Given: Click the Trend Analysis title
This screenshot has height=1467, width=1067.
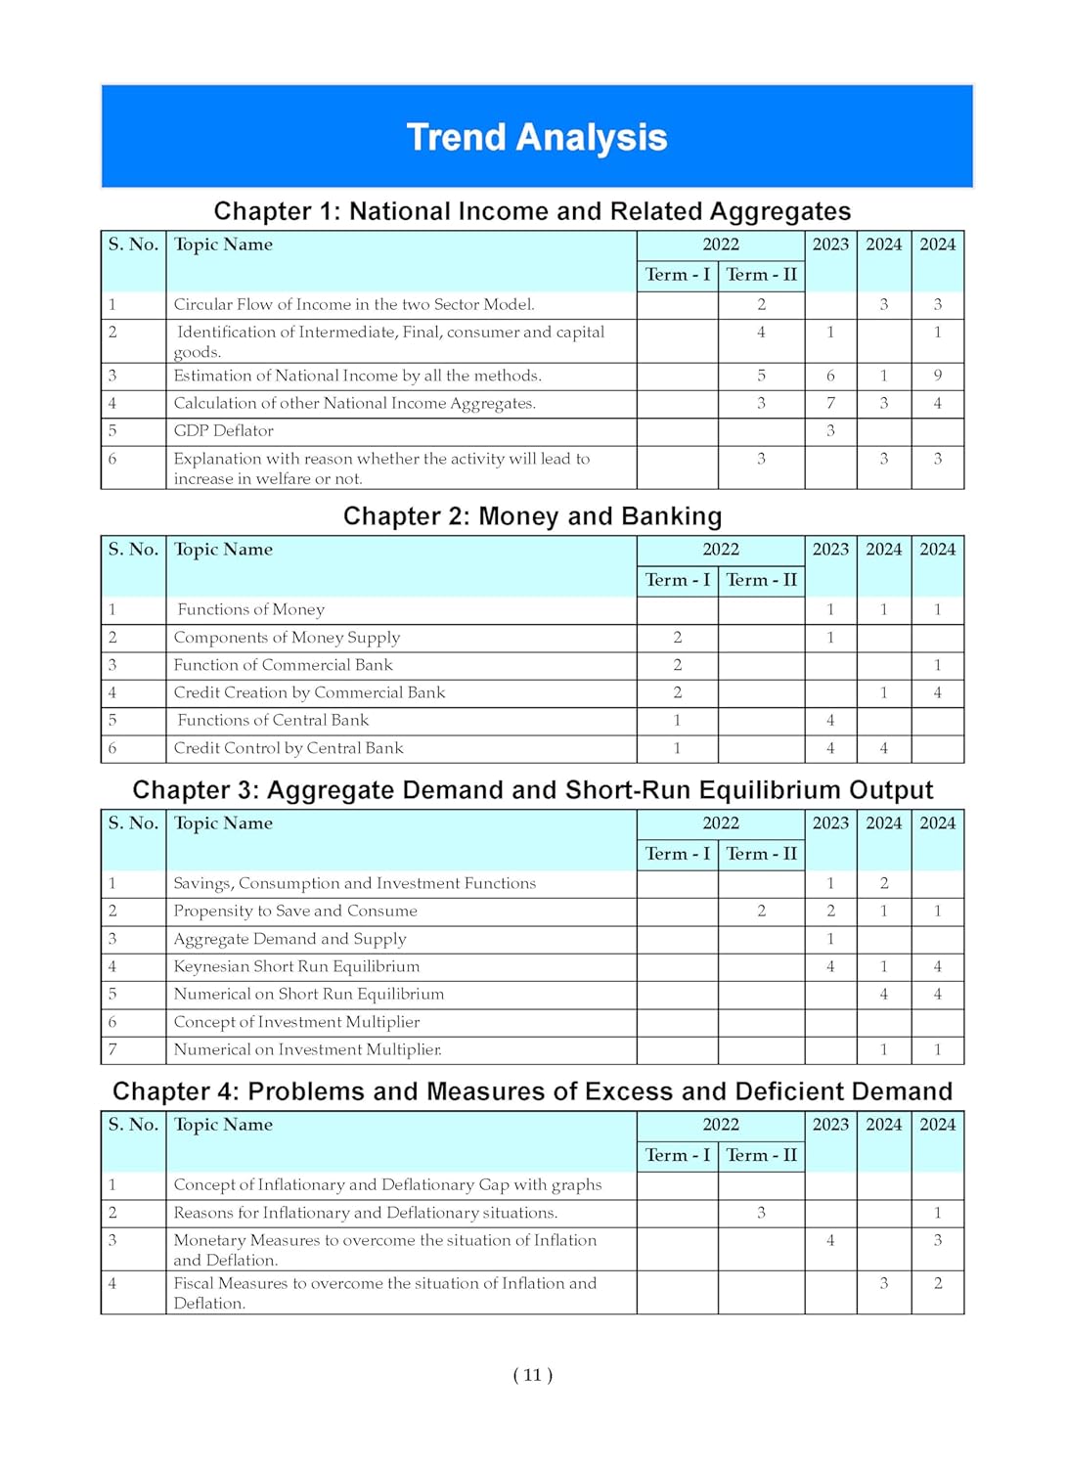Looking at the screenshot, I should (536, 138).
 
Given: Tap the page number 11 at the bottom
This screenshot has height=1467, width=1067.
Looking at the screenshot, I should (532, 1375).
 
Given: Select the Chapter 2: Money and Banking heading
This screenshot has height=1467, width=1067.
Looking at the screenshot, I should (532, 516).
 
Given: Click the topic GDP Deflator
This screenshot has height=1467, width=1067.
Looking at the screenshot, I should (223, 431).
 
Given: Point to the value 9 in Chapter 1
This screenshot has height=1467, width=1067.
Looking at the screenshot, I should (937, 376).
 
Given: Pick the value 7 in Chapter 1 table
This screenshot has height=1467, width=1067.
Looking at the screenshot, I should (830, 403).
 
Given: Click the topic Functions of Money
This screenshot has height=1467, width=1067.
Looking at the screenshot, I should (250, 610).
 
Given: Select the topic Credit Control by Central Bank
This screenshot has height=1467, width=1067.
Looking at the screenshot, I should (289, 748).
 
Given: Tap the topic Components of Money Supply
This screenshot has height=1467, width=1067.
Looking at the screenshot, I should (287, 638).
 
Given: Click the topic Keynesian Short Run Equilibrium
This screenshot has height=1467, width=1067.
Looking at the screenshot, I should (296, 967).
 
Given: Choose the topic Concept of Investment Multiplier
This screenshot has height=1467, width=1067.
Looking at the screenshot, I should (296, 1022).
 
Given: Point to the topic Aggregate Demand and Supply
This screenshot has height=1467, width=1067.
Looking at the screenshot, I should (289, 939).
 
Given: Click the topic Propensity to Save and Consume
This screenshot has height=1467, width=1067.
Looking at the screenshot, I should (295, 911).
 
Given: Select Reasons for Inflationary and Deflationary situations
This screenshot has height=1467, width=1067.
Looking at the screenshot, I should (366, 1213).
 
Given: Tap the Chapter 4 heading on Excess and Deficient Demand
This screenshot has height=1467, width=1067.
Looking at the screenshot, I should (532, 1091).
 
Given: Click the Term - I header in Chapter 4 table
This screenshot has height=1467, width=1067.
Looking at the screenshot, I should (677, 1155).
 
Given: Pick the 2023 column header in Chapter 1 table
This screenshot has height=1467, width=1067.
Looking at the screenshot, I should (830, 244).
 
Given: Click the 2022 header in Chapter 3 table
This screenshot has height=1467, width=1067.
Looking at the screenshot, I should (721, 823).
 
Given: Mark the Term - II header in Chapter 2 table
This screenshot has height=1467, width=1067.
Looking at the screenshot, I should (761, 580).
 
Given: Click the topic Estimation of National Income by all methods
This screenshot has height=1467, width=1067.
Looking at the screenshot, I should (357, 376).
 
